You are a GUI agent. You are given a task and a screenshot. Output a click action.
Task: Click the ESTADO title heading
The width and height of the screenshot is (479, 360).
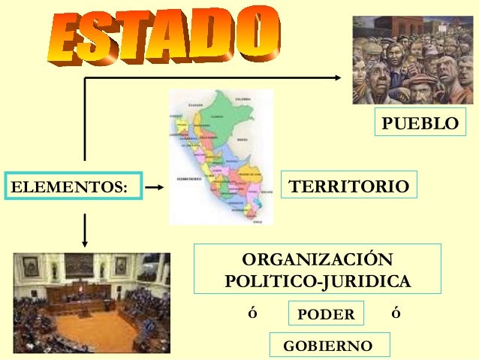coord(165,34)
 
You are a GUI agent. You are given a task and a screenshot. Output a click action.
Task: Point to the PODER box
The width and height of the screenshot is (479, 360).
coord(326,313)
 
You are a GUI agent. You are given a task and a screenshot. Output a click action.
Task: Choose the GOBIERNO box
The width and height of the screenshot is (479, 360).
coord(327,345)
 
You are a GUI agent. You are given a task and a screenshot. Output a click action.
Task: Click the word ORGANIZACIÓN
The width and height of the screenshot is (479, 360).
coord(318,260)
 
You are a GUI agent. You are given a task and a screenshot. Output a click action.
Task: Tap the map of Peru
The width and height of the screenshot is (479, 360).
coord(221,158)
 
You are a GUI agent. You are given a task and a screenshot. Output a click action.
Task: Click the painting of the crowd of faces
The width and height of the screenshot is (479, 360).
coord(409,60)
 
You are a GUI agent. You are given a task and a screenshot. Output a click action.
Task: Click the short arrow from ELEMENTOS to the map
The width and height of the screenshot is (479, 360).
coord(154,185)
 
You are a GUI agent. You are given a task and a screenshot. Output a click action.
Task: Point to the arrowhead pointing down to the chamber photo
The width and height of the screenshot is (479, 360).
coord(85,241)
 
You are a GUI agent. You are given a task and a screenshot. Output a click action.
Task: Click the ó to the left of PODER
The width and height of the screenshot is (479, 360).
coord(252,313)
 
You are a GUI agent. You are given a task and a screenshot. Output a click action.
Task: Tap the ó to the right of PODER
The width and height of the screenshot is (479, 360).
coord(396,313)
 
